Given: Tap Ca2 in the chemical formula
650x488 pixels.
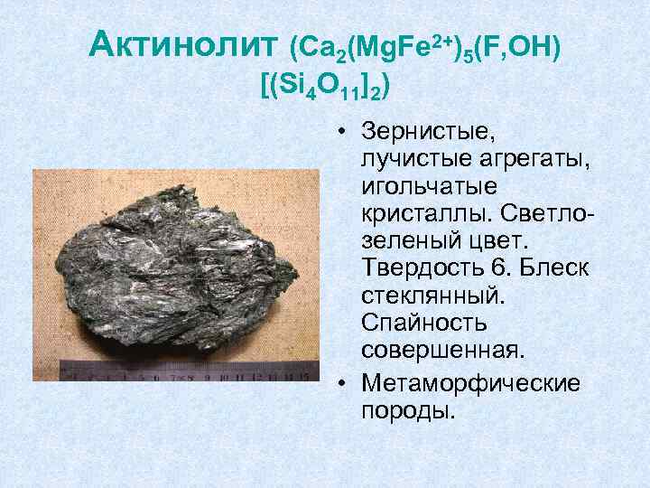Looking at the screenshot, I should coord(317,46).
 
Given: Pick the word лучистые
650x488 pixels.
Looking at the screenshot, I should coord(409,159).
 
